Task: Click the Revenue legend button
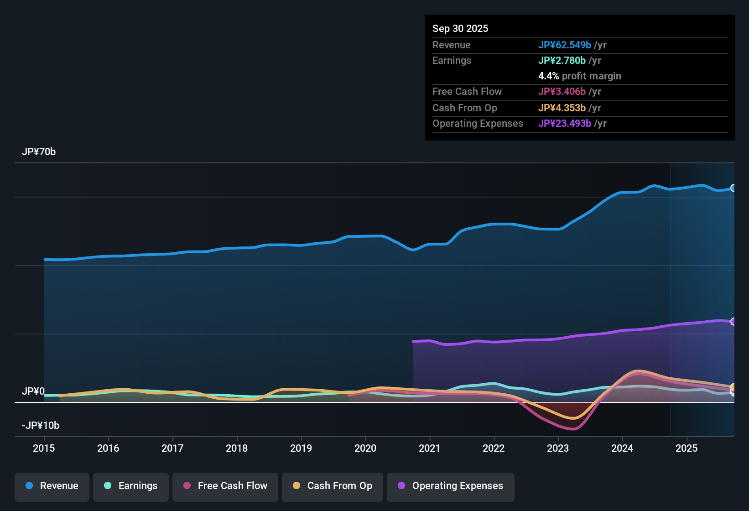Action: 52,486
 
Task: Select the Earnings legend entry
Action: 130,486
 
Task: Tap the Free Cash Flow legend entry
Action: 225,486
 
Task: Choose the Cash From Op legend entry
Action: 332,486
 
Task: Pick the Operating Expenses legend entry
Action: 450,486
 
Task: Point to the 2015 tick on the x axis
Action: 44,448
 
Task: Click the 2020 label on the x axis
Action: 365,448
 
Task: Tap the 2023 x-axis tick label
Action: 558,448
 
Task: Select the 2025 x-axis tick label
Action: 687,448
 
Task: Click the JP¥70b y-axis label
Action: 39,152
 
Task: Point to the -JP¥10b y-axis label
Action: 41,426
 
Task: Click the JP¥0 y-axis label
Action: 33,391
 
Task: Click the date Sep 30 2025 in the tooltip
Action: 460,29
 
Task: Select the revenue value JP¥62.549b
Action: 565,45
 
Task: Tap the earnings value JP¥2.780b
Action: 562,61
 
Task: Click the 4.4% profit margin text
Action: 580,76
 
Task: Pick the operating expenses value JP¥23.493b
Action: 565,124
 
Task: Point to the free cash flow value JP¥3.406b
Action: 562,92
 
